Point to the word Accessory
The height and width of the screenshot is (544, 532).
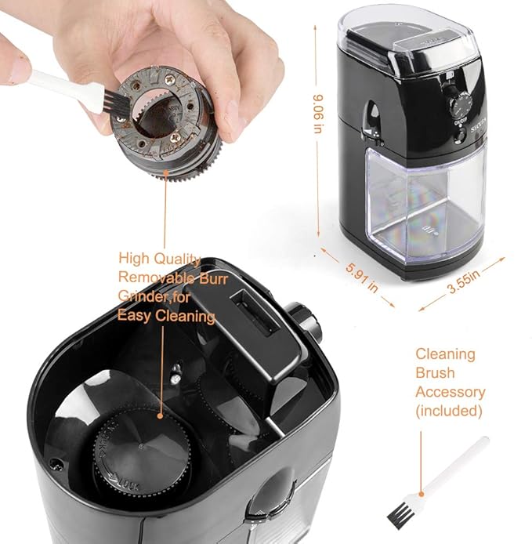pyautogui.click(x=450, y=391)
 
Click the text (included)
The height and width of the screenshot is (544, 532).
pyautogui.click(x=449, y=410)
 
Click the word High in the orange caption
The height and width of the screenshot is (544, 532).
pyautogui.click(x=134, y=258)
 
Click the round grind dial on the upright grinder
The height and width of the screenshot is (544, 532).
pyautogui.click(x=464, y=103)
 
